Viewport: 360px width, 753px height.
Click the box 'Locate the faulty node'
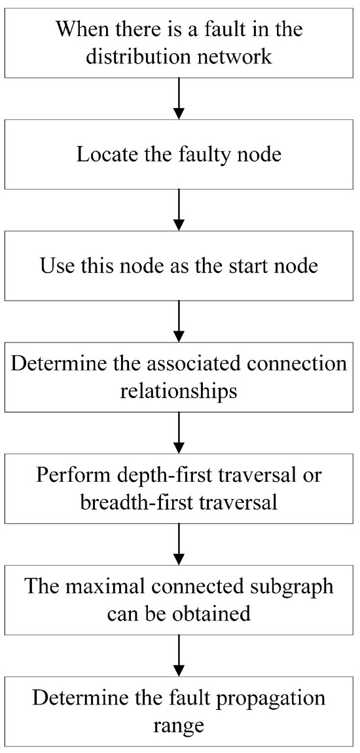[x=179, y=155]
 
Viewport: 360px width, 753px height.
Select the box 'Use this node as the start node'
[x=179, y=267]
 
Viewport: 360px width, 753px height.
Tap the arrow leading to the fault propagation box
[x=179, y=657]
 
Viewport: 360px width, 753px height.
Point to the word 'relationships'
[x=179, y=392]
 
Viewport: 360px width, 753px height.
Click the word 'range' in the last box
[x=179, y=726]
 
